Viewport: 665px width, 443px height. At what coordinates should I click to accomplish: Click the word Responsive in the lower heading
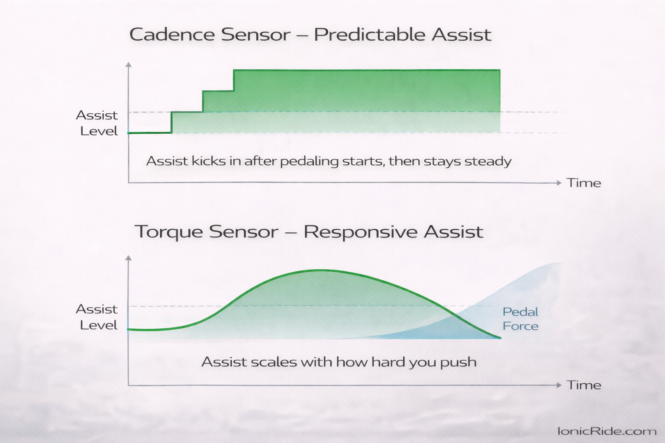pyautogui.click(x=360, y=232)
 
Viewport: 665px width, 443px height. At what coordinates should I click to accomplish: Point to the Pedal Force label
pyautogui.click(x=520, y=319)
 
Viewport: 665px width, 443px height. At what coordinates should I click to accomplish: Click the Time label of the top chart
pyautogui.click(x=584, y=183)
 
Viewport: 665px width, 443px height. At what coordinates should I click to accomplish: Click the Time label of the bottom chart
pyautogui.click(x=584, y=385)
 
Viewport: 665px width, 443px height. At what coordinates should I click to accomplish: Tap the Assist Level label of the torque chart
pyautogui.click(x=97, y=317)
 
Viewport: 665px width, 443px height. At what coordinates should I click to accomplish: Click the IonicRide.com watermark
pyautogui.click(x=607, y=431)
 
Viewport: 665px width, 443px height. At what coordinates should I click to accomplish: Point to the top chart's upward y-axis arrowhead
pyautogui.click(x=128, y=65)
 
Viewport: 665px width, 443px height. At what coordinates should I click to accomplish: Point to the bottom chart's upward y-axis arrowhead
pyautogui.click(x=128, y=258)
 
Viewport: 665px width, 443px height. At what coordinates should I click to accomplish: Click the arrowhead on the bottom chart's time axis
pyautogui.click(x=558, y=385)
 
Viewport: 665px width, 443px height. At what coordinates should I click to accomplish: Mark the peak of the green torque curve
pyautogui.click(x=320, y=270)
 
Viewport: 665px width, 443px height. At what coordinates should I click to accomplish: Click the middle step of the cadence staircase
pyautogui.click(x=218, y=92)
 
